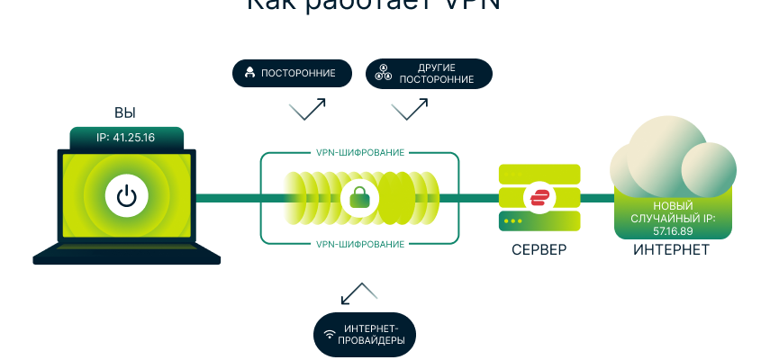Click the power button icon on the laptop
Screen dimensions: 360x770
point(127,195)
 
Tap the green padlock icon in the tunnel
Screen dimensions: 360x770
point(359,197)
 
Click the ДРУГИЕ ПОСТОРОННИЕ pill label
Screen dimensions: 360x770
point(429,73)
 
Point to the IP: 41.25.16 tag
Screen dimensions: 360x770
point(126,138)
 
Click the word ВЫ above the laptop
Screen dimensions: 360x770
point(125,112)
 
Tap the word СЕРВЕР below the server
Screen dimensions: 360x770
point(539,249)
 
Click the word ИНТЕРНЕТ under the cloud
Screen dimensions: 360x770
point(671,249)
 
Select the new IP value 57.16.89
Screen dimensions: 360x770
point(673,230)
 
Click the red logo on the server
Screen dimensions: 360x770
point(540,197)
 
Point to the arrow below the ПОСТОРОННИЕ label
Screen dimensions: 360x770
point(307,110)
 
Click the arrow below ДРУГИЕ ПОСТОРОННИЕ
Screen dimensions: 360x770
point(410,110)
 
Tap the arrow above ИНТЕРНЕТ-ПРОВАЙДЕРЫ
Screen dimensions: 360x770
point(359,292)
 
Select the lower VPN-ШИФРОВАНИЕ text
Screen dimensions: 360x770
point(359,243)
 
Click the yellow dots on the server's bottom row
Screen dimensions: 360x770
point(512,220)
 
